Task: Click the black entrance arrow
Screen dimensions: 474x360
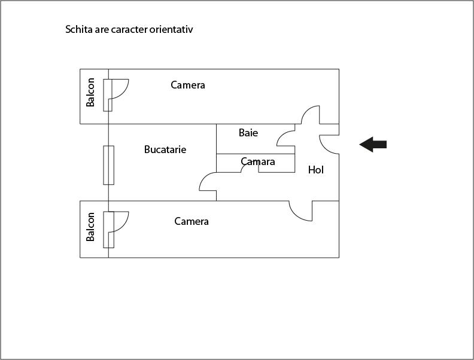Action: coord(373,144)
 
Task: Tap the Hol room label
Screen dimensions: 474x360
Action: coord(316,170)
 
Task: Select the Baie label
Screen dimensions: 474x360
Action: coord(248,133)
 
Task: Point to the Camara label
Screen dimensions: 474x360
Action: coord(258,161)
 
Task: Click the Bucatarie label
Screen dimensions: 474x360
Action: coord(165,150)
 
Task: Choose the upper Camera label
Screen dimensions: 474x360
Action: coord(188,85)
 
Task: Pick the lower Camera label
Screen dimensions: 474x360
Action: coord(192,221)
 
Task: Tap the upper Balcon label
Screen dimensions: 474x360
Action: coord(90,93)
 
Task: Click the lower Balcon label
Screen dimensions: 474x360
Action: coord(90,227)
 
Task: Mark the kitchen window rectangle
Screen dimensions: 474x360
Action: coord(109,165)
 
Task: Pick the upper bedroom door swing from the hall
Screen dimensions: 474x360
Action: coord(306,111)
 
